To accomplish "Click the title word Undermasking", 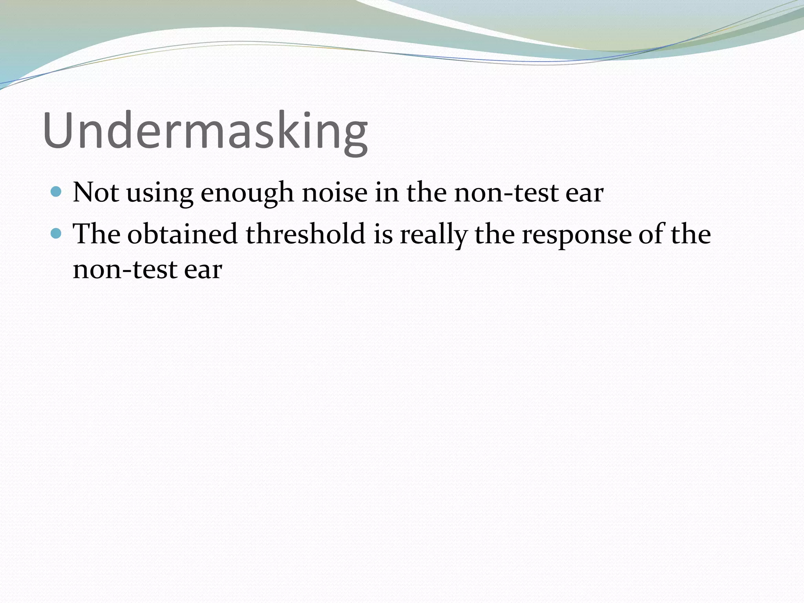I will tap(205, 131).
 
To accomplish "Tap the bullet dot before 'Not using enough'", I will tap(57, 192).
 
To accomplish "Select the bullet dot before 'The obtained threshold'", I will tap(57, 234).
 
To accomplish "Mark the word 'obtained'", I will tap(183, 234).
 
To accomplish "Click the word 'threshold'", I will tap(306, 234).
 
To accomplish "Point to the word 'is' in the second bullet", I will tap(383, 234).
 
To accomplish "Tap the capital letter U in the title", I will tap(60, 131).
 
